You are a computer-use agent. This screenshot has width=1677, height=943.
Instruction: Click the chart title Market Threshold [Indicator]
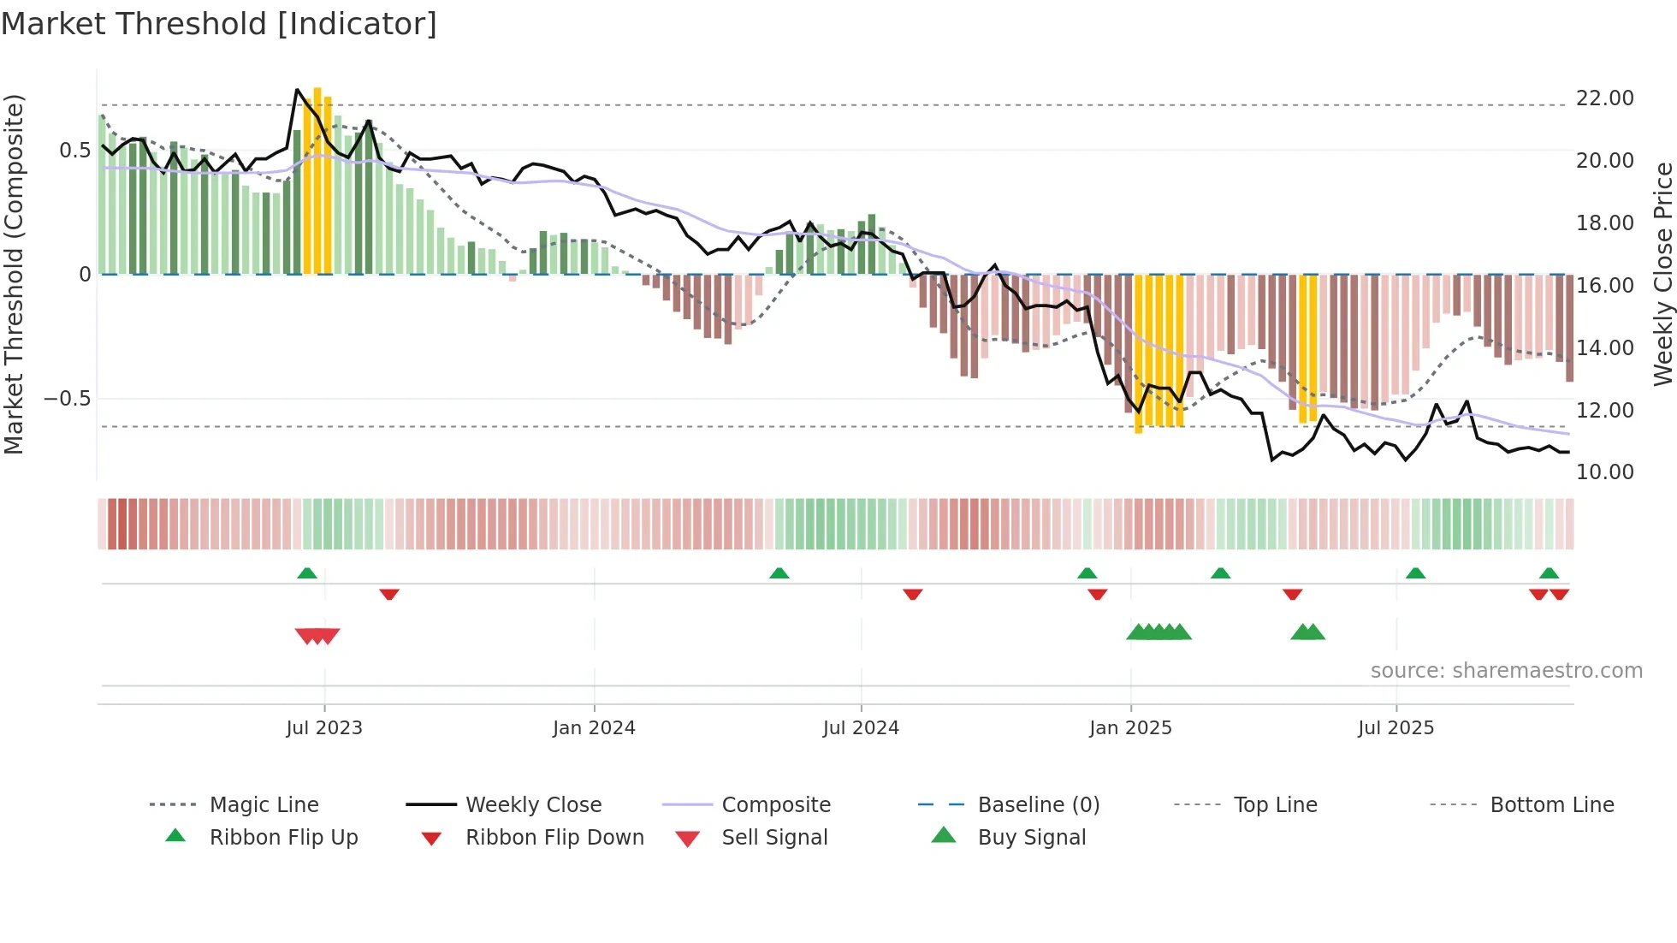tap(219, 24)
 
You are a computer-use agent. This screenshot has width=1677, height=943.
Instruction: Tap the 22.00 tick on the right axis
tap(1604, 98)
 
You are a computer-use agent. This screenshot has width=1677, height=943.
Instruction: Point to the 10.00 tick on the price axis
tap(1604, 472)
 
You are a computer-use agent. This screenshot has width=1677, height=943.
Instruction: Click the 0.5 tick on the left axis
tap(74, 151)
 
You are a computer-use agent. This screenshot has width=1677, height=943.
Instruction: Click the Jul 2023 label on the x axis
tap(324, 728)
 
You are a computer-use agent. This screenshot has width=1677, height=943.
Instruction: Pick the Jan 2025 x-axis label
tap(1130, 728)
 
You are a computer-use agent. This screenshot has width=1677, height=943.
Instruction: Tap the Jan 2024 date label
tap(594, 728)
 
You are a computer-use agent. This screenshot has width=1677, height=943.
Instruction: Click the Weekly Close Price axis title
tap(1662, 274)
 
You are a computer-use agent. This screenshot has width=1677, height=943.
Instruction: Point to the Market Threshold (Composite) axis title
tap(14, 274)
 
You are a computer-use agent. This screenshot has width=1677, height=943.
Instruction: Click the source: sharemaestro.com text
tap(1506, 671)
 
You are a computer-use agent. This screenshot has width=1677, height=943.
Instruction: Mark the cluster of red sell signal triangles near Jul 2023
tap(317, 636)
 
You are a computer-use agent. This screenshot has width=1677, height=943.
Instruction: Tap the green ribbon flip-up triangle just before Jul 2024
tap(779, 573)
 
